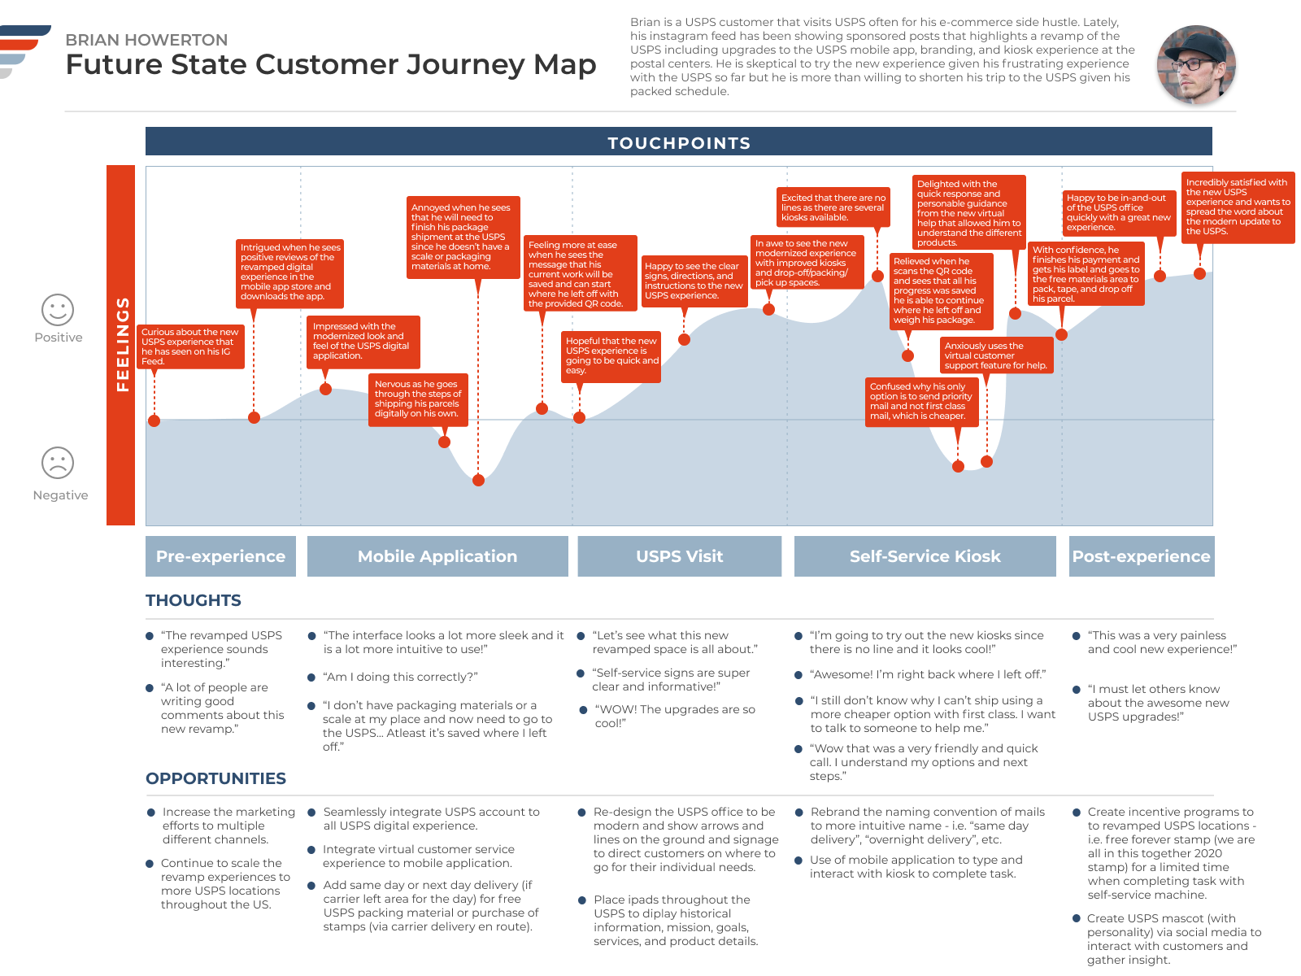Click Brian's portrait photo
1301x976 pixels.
pyautogui.click(x=1196, y=64)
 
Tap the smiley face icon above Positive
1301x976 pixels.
pyautogui.click(x=58, y=310)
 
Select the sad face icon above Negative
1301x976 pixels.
pyautogui.click(x=58, y=463)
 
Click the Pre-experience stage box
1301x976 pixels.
pyautogui.click(x=220, y=556)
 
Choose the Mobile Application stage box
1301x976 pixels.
pyautogui.click(x=437, y=556)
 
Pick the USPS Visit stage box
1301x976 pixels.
pyautogui.click(x=680, y=556)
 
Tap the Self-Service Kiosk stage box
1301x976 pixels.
pyautogui.click(x=925, y=556)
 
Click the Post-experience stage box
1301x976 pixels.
pyautogui.click(x=1141, y=556)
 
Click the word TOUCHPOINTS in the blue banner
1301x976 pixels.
pyautogui.click(x=679, y=143)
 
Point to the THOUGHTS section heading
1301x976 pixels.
pyautogui.click(x=194, y=600)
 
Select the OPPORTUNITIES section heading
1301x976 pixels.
pyautogui.click(x=215, y=778)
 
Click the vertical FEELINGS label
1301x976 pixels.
pyautogui.click(x=122, y=344)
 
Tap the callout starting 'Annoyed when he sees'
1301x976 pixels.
pyautogui.click(x=462, y=237)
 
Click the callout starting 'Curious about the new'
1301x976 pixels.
pyautogui.click(x=190, y=346)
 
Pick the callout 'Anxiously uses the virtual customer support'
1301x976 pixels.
pyautogui.click(x=996, y=355)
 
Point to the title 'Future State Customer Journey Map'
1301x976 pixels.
pyautogui.click(x=331, y=64)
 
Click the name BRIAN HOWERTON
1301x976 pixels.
pyautogui.click(x=146, y=40)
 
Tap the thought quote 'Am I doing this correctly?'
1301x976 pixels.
pyautogui.click(x=400, y=677)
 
